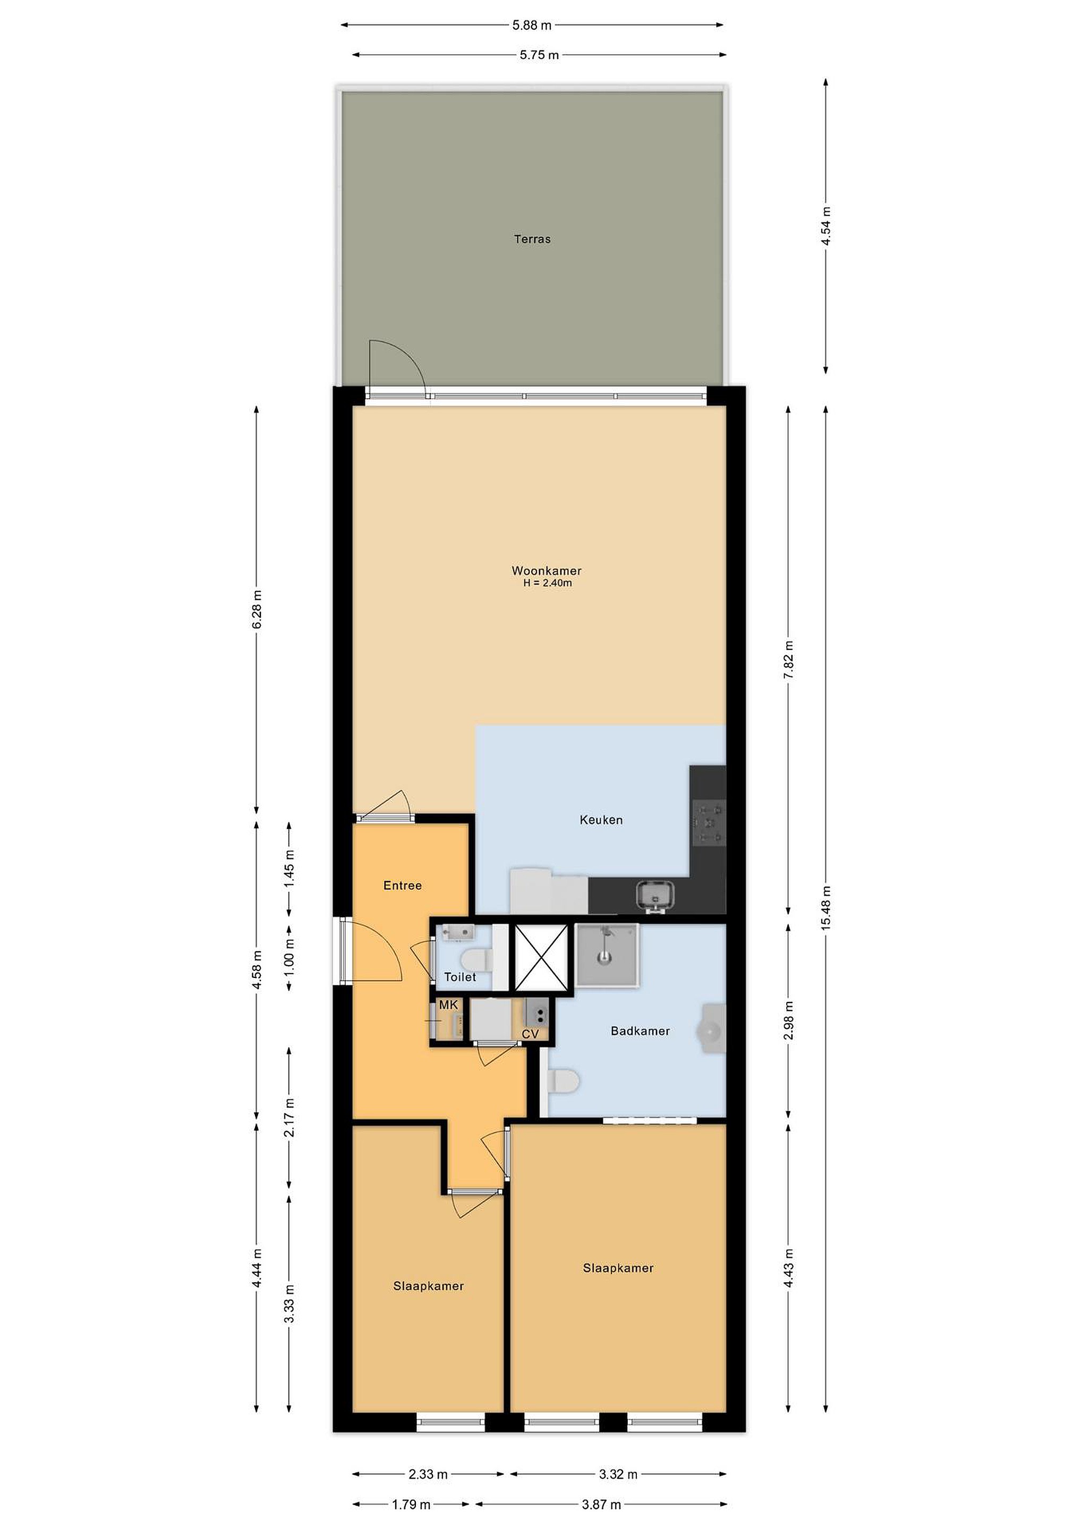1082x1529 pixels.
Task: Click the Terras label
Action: tap(532, 238)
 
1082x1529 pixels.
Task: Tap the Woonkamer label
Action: tap(547, 570)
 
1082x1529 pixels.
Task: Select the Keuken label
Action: tap(601, 820)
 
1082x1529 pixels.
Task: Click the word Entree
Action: tap(403, 885)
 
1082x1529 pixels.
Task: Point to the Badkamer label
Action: tap(640, 1031)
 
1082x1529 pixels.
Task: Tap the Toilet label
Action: tap(461, 977)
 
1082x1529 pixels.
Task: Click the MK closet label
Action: tap(448, 1004)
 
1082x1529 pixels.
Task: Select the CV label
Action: tap(530, 1034)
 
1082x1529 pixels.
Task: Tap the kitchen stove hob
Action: tap(708, 824)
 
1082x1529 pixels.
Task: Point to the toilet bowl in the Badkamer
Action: tap(564, 1080)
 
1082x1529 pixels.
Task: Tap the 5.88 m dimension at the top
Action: tap(532, 25)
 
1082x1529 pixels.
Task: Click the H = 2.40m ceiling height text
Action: tap(547, 583)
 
